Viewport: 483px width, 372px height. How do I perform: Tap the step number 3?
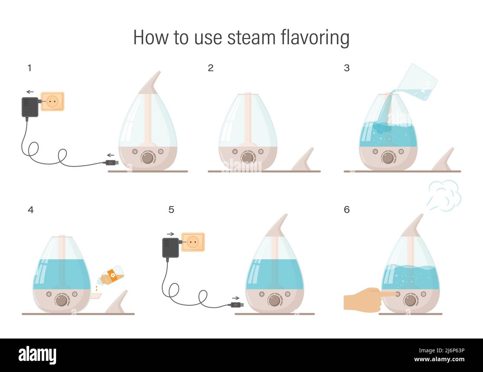pos(347,68)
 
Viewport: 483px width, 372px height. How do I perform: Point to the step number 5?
pos(171,209)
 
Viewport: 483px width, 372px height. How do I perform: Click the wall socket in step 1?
pos(53,101)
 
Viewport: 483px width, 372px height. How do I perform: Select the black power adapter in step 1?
pos(30,107)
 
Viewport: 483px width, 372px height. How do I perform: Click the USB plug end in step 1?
pos(112,163)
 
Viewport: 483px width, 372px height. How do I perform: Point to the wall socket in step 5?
pos(193,242)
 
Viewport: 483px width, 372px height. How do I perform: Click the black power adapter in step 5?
pos(171,248)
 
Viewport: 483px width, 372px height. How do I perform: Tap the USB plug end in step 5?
pos(237,305)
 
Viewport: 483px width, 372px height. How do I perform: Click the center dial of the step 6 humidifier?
pos(410,300)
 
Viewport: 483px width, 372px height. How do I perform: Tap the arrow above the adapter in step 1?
pos(30,92)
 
